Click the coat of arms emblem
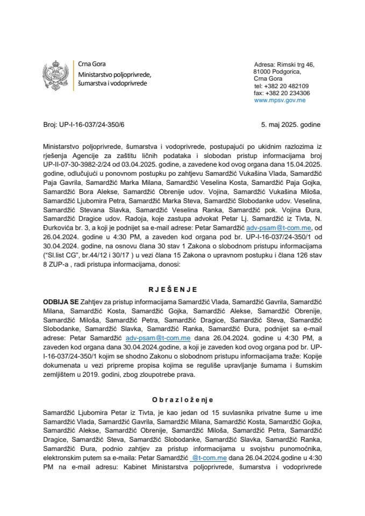coord(55,74)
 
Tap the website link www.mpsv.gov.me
coord(280,100)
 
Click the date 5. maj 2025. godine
coord(290,124)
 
